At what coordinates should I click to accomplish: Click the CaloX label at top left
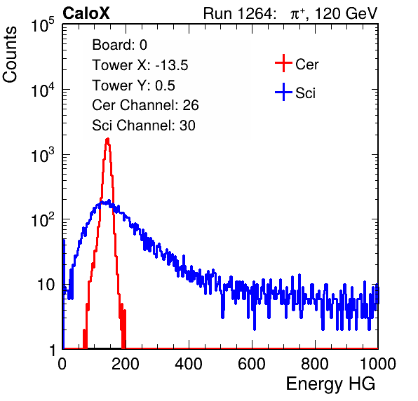[86, 13]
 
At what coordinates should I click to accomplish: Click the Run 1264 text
[238, 13]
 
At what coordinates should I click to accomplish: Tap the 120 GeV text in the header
[346, 13]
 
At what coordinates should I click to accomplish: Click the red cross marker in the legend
[283, 63]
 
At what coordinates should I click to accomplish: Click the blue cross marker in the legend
[283, 92]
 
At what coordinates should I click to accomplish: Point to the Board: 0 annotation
[120, 45]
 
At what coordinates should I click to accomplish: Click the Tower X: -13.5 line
[140, 65]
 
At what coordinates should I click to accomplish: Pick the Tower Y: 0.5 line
[133, 86]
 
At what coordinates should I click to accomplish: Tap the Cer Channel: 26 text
[145, 105]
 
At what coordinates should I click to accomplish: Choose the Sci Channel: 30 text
[144, 125]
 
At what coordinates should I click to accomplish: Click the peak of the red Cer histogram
[108, 139]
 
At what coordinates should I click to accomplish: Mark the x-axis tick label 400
[189, 364]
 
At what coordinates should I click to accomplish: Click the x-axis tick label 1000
[378, 364]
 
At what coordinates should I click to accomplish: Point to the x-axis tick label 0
[62, 364]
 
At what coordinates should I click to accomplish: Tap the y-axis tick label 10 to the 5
[43, 25]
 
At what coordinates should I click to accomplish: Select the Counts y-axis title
[10, 55]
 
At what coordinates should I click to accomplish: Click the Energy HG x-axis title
[330, 384]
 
